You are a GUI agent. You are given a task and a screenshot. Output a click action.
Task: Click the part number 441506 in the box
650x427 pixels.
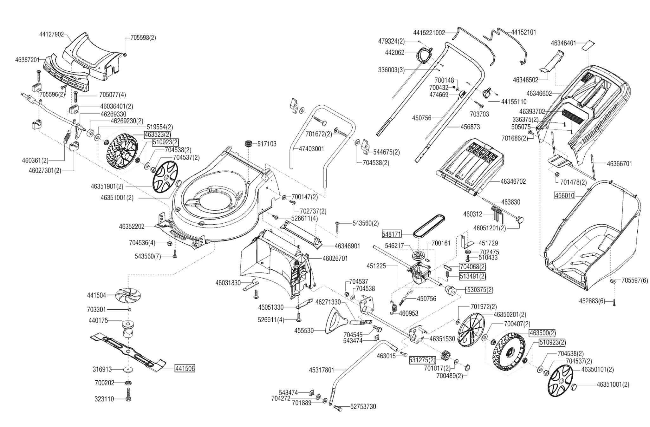(x=185, y=368)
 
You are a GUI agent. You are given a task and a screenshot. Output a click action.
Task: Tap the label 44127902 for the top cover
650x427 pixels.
(x=52, y=34)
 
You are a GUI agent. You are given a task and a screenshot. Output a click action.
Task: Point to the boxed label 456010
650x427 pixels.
(x=564, y=195)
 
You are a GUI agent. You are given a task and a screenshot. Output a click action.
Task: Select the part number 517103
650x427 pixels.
(x=267, y=144)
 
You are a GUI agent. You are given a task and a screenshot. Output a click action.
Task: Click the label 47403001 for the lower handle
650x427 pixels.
(x=311, y=149)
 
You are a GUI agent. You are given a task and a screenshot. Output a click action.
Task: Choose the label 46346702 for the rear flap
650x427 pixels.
(x=513, y=181)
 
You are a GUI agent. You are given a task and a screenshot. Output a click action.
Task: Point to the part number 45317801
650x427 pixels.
(x=322, y=370)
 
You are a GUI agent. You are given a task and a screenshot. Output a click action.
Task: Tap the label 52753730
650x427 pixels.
(x=363, y=406)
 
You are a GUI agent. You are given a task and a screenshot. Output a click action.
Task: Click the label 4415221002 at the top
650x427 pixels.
(x=429, y=33)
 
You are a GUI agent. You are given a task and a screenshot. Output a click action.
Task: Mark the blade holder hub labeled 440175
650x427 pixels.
(x=128, y=328)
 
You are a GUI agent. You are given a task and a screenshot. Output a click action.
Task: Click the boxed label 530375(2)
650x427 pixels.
(x=480, y=290)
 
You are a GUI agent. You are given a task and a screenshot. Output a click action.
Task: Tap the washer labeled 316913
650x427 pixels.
(x=128, y=369)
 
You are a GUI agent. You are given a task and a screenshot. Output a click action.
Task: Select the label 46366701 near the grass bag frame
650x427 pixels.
(x=619, y=164)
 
